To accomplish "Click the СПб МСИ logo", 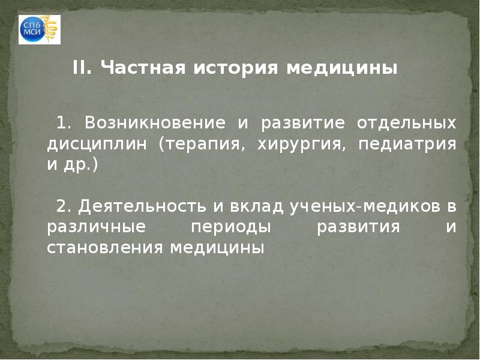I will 40,29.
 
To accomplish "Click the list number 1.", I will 63,124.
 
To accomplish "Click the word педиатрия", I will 407,145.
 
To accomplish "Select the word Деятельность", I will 142,207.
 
